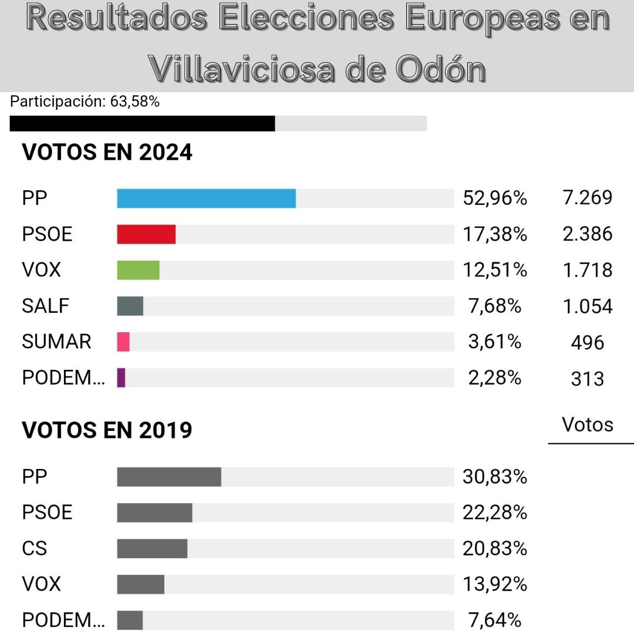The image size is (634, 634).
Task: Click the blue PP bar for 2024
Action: (206, 198)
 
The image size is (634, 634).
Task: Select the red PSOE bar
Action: (146, 234)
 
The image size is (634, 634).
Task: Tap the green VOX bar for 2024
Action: (138, 270)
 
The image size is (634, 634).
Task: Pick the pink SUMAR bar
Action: (123, 342)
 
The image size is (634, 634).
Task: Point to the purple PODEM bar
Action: (122, 377)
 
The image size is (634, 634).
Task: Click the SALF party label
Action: (45, 306)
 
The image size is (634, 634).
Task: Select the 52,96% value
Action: (494, 198)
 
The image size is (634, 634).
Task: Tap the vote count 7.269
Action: (587, 198)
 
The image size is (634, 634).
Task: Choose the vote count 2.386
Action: (587, 234)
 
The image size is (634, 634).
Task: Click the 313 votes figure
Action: (587, 379)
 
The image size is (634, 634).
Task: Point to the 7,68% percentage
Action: (494, 306)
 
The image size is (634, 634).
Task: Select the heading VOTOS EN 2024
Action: (107, 153)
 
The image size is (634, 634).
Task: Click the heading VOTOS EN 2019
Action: (107, 431)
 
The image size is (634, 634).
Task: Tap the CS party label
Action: (34, 548)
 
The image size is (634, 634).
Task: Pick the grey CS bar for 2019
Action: (152, 548)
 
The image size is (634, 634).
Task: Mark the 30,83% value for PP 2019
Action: (494, 477)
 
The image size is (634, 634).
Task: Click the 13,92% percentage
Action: (494, 584)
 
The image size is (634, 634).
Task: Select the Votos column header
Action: (587, 424)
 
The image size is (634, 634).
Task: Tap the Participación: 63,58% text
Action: (85, 102)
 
